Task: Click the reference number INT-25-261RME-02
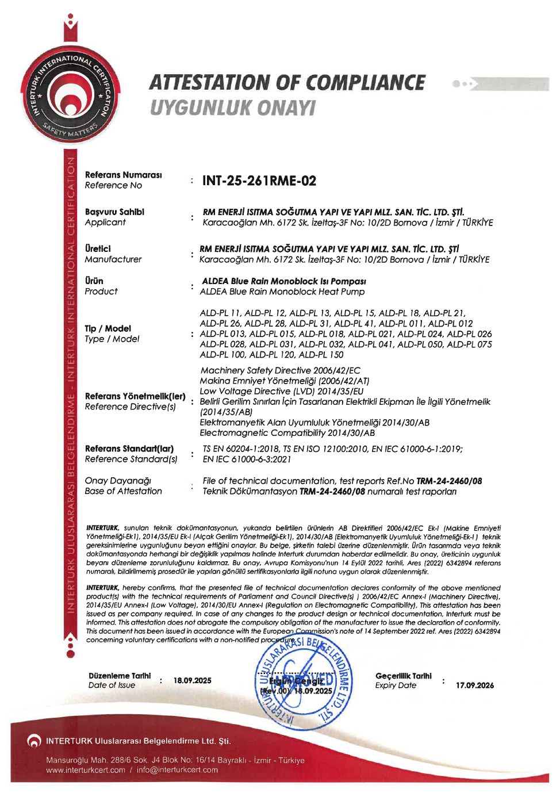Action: pos(259,181)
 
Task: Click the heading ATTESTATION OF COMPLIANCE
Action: pos(287,83)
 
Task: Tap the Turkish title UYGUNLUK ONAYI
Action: pos(232,108)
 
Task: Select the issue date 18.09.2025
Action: pos(192,680)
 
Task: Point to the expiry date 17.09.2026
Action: pos(474,685)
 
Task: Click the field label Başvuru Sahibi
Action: pos(114,212)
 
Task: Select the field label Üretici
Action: pos(98,248)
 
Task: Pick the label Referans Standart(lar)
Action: pos(129,449)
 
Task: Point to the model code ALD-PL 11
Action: pos(220,313)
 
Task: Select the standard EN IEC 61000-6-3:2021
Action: pos(247,459)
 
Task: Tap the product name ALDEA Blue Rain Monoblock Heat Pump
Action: pos(282,292)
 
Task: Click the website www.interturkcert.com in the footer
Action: pos(86,770)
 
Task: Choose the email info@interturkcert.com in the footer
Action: pos(177,770)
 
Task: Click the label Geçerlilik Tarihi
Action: pos(403,676)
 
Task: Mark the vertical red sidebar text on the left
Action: pos(71,385)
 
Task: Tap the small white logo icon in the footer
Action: pos(34,741)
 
